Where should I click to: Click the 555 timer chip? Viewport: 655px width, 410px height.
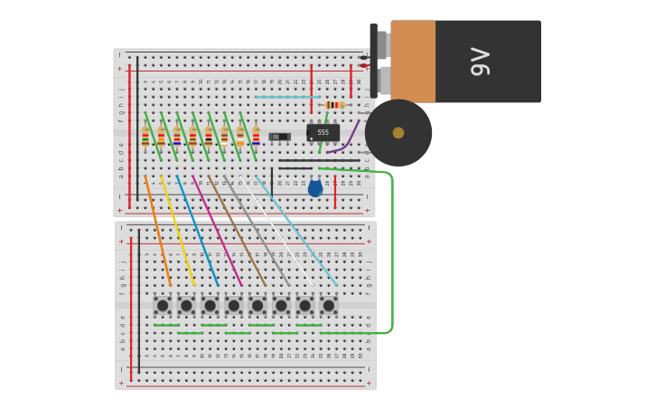(x=323, y=132)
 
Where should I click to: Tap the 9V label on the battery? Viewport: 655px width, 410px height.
(x=481, y=62)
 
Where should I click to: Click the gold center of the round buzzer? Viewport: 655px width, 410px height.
(x=398, y=133)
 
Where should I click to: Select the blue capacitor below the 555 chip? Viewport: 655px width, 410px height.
(x=315, y=187)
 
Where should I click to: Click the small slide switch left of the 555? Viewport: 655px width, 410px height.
(x=279, y=137)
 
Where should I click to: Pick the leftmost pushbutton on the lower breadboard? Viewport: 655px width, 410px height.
(x=163, y=306)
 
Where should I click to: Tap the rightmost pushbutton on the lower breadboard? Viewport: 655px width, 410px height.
(x=329, y=306)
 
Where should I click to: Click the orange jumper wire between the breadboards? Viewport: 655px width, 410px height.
(x=157, y=231)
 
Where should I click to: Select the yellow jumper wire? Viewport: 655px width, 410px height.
(x=177, y=231)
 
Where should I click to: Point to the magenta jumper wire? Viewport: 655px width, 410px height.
(x=217, y=231)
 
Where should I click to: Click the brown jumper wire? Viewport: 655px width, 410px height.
(x=237, y=231)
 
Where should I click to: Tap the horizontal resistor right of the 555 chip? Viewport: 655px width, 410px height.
(x=334, y=105)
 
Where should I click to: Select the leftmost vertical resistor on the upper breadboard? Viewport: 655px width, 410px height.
(x=145, y=137)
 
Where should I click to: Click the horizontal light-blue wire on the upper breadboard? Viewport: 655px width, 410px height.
(x=287, y=97)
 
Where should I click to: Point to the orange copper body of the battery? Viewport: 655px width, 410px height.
(x=413, y=62)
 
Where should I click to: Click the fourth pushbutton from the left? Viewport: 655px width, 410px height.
(x=234, y=306)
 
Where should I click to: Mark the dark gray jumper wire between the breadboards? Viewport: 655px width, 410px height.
(x=257, y=231)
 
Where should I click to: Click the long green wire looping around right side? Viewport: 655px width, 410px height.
(x=391, y=253)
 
